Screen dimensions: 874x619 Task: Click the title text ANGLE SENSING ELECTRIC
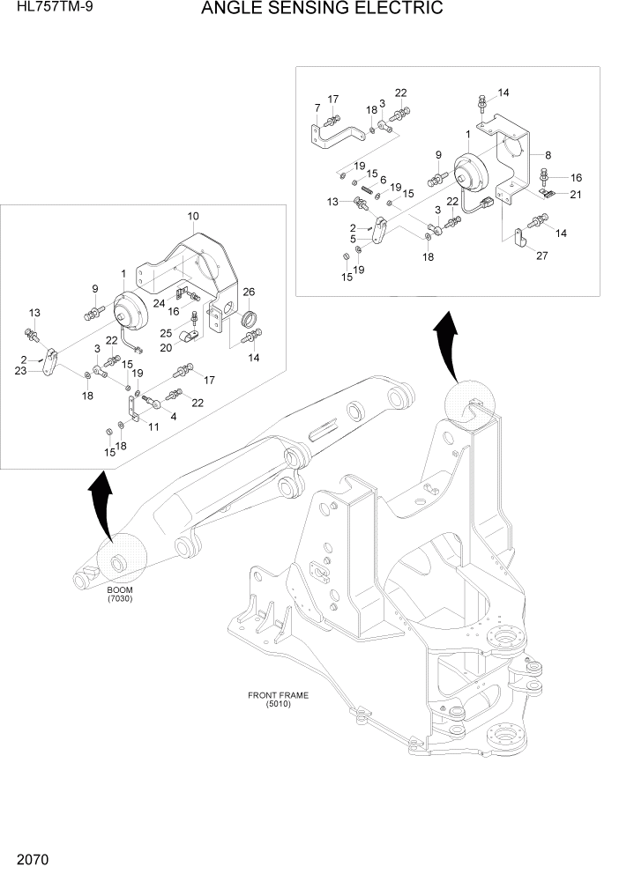pyautogui.click(x=321, y=10)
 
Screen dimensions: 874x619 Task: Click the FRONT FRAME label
pyautogui.click(x=278, y=695)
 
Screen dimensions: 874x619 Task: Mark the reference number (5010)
pyautogui.click(x=278, y=704)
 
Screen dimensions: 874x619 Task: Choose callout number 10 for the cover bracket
pyautogui.click(x=193, y=216)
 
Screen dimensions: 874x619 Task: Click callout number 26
pyautogui.click(x=249, y=293)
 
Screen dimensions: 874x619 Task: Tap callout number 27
pyautogui.click(x=541, y=256)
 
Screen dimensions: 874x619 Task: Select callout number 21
pyautogui.click(x=575, y=195)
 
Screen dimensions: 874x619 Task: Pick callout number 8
pyautogui.click(x=548, y=154)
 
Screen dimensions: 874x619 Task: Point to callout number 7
pyautogui.click(x=317, y=107)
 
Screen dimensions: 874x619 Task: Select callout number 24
pyautogui.click(x=160, y=304)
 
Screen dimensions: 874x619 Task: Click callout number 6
pyautogui.click(x=383, y=180)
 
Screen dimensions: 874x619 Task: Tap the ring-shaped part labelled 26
pyautogui.click(x=250, y=317)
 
